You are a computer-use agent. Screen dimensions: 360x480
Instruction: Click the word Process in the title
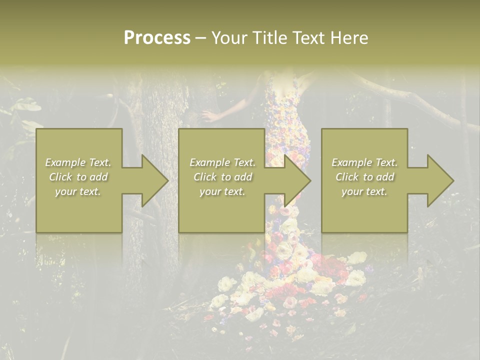coord(157,38)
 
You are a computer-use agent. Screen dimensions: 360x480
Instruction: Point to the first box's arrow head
coord(152,180)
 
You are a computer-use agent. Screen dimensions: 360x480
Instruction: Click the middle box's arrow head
coord(295,180)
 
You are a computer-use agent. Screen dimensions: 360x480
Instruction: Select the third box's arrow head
coord(438,180)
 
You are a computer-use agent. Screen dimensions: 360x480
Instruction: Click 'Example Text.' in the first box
coord(78,162)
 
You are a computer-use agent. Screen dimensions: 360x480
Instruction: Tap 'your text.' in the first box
coord(78,191)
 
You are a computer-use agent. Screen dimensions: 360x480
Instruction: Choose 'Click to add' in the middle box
coord(222,177)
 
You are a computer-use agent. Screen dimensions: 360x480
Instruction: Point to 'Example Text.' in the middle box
coord(222,162)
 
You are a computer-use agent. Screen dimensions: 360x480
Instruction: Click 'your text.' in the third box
coord(364,191)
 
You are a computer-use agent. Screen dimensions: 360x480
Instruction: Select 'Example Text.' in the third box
coord(364,162)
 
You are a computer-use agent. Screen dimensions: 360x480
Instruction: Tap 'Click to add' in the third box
coord(364,177)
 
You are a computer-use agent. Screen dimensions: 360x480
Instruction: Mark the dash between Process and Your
coord(200,38)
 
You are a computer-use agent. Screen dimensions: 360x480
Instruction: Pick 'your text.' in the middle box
coord(222,191)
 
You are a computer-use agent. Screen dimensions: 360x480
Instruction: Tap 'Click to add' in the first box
coord(78,177)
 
